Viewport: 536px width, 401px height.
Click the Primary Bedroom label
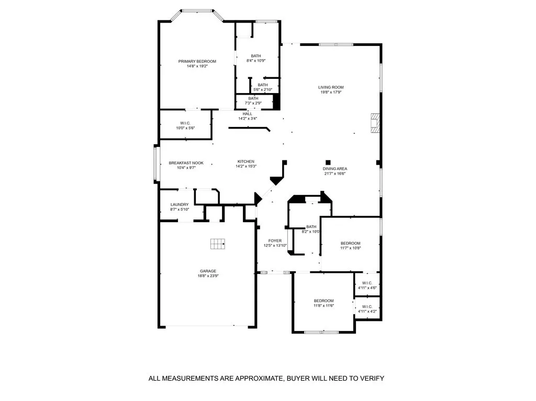pos(197,62)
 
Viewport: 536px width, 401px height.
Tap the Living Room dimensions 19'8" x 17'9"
pos(331,92)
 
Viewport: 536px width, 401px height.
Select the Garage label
pos(208,271)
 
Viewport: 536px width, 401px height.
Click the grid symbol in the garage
pos(218,244)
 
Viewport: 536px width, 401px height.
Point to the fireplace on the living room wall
pos(375,123)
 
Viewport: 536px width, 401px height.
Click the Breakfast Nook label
pos(186,163)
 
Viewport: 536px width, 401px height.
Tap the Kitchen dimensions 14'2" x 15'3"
pos(246,166)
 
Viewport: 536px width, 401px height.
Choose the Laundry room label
pos(180,204)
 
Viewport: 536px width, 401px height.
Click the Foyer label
pos(275,241)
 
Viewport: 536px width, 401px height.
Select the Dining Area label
pos(335,169)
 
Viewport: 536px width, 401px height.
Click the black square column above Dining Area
pos(328,163)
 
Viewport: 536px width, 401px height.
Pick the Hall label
pos(248,114)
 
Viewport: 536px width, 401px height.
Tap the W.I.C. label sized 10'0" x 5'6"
pos(185,123)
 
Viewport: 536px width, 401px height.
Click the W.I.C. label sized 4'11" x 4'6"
pos(367,283)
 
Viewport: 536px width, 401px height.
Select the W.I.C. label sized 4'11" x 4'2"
pos(367,307)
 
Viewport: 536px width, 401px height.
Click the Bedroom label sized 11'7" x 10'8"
pos(350,244)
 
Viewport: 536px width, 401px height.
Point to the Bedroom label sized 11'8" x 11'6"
pos(323,301)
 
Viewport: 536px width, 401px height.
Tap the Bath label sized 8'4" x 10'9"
pos(256,56)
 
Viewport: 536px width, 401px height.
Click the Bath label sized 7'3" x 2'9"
pos(253,98)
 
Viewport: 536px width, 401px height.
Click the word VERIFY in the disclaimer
pos(373,379)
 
